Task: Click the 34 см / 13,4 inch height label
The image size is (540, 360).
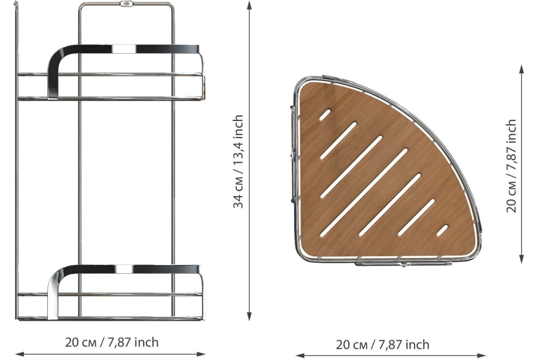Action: tap(238, 162)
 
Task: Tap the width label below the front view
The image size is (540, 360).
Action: tap(112, 342)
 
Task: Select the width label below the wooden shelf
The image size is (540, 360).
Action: tap(383, 345)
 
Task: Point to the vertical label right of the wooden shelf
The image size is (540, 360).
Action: tap(511, 166)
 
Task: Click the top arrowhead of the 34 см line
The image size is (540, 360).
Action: tap(249, 5)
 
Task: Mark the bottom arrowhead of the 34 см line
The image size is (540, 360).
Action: tap(249, 317)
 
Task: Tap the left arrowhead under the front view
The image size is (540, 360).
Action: tap(20, 354)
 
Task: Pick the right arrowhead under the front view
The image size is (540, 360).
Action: tap(201, 354)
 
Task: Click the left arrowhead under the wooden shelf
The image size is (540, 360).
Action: tap(300, 355)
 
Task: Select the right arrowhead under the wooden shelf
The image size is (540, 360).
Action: tap(481, 355)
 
